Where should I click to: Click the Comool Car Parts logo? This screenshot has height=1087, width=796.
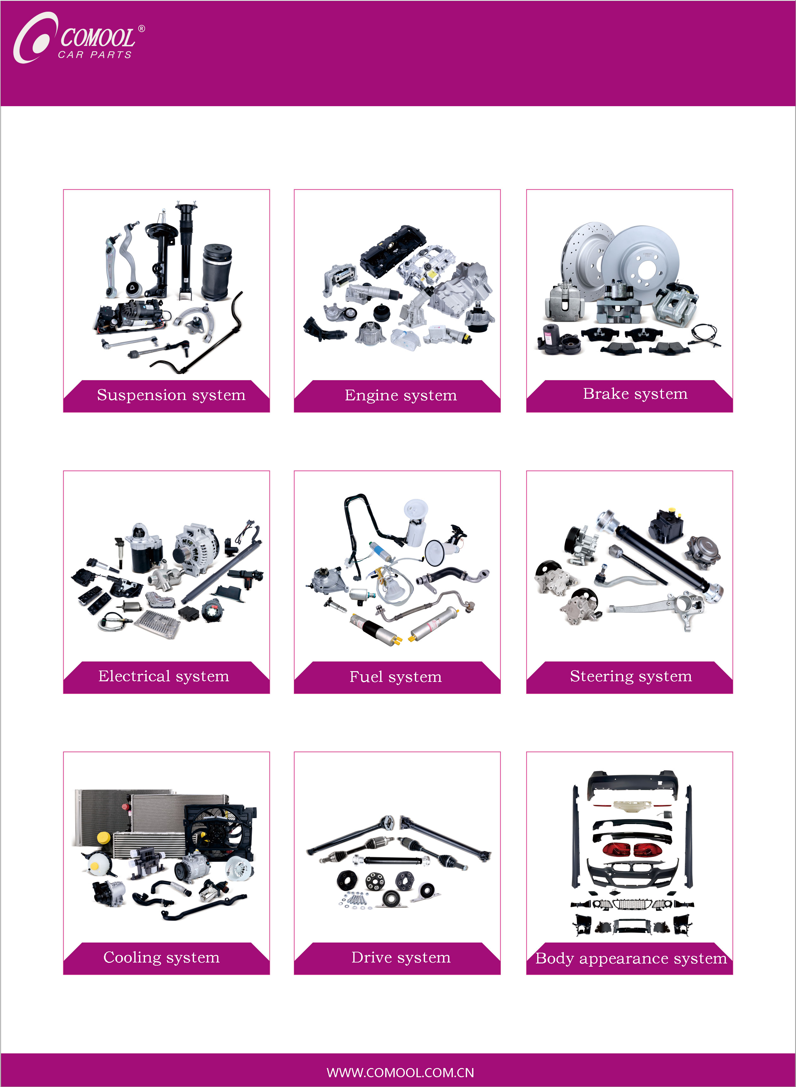(79, 38)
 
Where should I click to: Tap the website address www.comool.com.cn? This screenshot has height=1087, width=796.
(400, 1072)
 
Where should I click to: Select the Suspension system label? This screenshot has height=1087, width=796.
(171, 395)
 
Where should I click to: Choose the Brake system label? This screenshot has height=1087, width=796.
(635, 394)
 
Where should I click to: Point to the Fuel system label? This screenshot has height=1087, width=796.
(396, 677)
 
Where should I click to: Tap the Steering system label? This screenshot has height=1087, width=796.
(631, 677)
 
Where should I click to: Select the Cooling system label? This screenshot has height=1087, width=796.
(161, 957)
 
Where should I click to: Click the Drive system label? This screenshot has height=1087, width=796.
(401, 957)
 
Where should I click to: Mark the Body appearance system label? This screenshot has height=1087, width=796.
(631, 959)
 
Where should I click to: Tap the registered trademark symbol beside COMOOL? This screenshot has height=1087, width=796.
(141, 28)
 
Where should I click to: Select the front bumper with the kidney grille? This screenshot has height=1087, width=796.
(633, 872)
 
